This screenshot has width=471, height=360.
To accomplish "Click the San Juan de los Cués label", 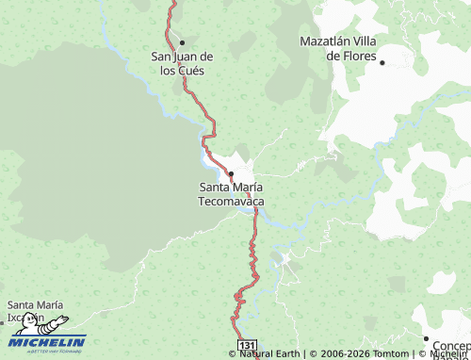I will (182, 63).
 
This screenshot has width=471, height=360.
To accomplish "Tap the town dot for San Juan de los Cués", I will (182, 42).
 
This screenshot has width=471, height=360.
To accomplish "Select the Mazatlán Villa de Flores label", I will (344, 48).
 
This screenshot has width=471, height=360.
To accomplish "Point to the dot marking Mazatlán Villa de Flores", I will (382, 62).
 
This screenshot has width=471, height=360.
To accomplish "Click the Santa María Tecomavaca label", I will (231, 194).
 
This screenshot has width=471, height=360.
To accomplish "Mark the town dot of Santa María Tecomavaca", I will (231, 173).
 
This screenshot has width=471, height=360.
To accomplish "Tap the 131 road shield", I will (246, 348).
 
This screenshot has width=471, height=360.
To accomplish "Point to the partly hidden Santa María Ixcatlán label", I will (35, 309).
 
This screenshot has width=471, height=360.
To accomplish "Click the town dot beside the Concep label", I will (426, 338).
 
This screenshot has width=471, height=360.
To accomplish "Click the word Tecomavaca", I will (231, 202).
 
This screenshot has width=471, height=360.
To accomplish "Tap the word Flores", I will (358, 56).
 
